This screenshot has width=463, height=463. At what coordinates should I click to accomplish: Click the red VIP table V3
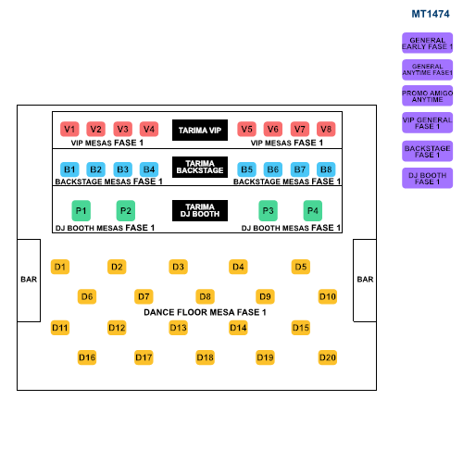click(123, 129)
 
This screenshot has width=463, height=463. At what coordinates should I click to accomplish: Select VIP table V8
click(326, 129)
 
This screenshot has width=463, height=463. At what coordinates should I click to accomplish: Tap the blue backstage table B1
click(69, 169)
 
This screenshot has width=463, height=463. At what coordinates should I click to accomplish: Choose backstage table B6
click(273, 169)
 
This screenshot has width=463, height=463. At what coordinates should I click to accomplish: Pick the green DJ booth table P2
click(126, 211)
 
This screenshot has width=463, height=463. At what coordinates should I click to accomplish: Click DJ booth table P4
click(313, 211)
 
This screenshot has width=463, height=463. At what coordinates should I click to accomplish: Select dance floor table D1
click(60, 267)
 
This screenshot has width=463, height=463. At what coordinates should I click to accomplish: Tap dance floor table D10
click(328, 296)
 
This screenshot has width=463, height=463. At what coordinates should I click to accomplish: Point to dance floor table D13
click(178, 328)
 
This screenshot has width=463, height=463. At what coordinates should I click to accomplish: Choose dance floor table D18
click(205, 357)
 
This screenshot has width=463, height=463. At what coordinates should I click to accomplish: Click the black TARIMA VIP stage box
click(200, 131)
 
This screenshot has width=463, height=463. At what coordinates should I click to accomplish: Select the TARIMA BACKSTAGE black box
click(200, 167)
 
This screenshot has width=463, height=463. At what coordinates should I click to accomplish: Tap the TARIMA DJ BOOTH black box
click(200, 210)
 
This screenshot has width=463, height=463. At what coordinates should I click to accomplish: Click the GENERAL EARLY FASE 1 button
click(427, 44)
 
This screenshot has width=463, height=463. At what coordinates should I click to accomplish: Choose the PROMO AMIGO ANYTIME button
click(427, 96)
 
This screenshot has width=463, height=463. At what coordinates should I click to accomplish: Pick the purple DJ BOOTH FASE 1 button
click(427, 178)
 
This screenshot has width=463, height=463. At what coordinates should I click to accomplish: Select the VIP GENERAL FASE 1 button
click(427, 123)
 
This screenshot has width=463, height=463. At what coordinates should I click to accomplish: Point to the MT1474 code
click(431, 14)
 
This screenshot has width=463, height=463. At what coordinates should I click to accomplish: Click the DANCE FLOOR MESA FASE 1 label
click(205, 312)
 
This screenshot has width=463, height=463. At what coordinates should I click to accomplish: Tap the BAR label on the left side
click(29, 280)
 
